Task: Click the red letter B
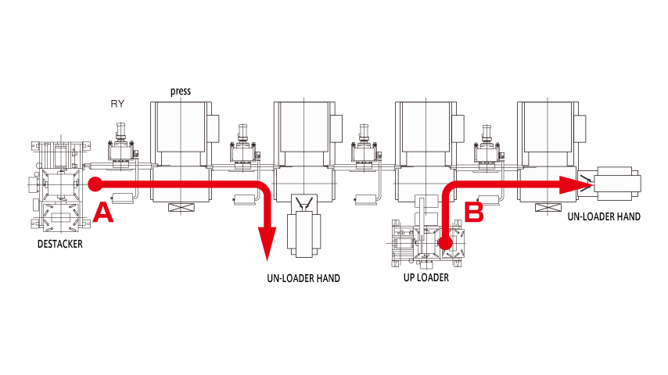[475, 211]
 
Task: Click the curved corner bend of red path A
[264, 189]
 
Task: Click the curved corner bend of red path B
[450, 190]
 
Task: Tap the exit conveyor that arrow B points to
[616, 184]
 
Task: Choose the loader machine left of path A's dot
[57, 184]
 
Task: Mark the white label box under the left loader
[57, 245]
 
